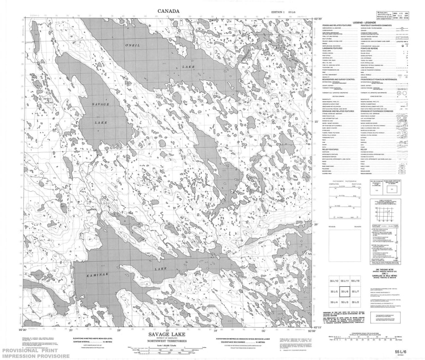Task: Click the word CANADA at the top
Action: pos(168,11)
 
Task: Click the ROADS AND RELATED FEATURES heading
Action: pos(333,25)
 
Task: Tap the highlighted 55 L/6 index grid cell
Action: pos(345,292)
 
